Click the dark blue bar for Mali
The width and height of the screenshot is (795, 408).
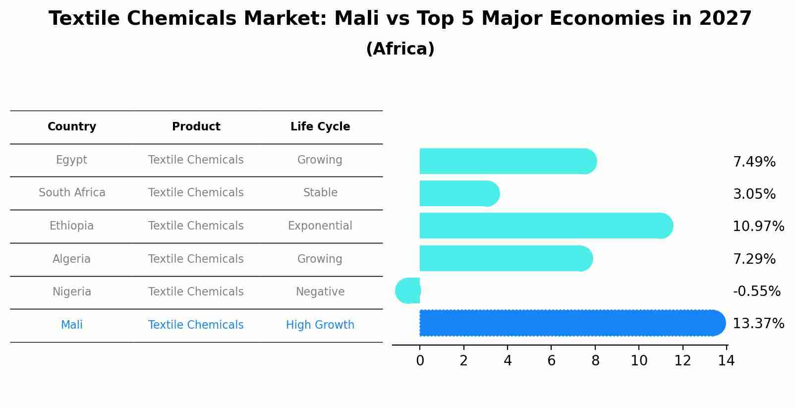click(x=570, y=323)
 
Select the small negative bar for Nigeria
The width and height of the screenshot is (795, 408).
click(x=408, y=291)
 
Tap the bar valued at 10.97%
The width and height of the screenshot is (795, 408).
click(x=545, y=226)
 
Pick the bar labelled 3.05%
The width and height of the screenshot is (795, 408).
click(x=458, y=193)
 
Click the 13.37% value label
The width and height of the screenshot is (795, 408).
click(x=758, y=324)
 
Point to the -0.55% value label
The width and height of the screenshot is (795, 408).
click(x=756, y=291)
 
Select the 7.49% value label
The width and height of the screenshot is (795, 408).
click(x=754, y=162)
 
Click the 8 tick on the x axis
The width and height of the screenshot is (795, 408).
click(x=595, y=361)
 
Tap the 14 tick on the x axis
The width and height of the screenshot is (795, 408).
click(x=726, y=361)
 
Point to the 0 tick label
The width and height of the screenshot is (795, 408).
click(x=420, y=361)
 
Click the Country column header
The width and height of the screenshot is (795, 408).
click(x=72, y=127)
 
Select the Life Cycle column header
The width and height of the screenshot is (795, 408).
click(x=320, y=127)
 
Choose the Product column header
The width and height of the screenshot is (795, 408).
click(x=196, y=127)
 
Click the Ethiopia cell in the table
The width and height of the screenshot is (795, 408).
click(x=71, y=226)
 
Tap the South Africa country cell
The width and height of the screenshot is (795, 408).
click(x=72, y=193)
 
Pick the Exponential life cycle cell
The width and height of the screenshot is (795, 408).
click(x=320, y=226)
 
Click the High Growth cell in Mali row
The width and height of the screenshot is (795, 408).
click(x=320, y=325)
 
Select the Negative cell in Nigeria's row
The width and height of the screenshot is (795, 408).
click(x=320, y=292)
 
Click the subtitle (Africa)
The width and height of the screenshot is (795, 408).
click(x=400, y=49)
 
